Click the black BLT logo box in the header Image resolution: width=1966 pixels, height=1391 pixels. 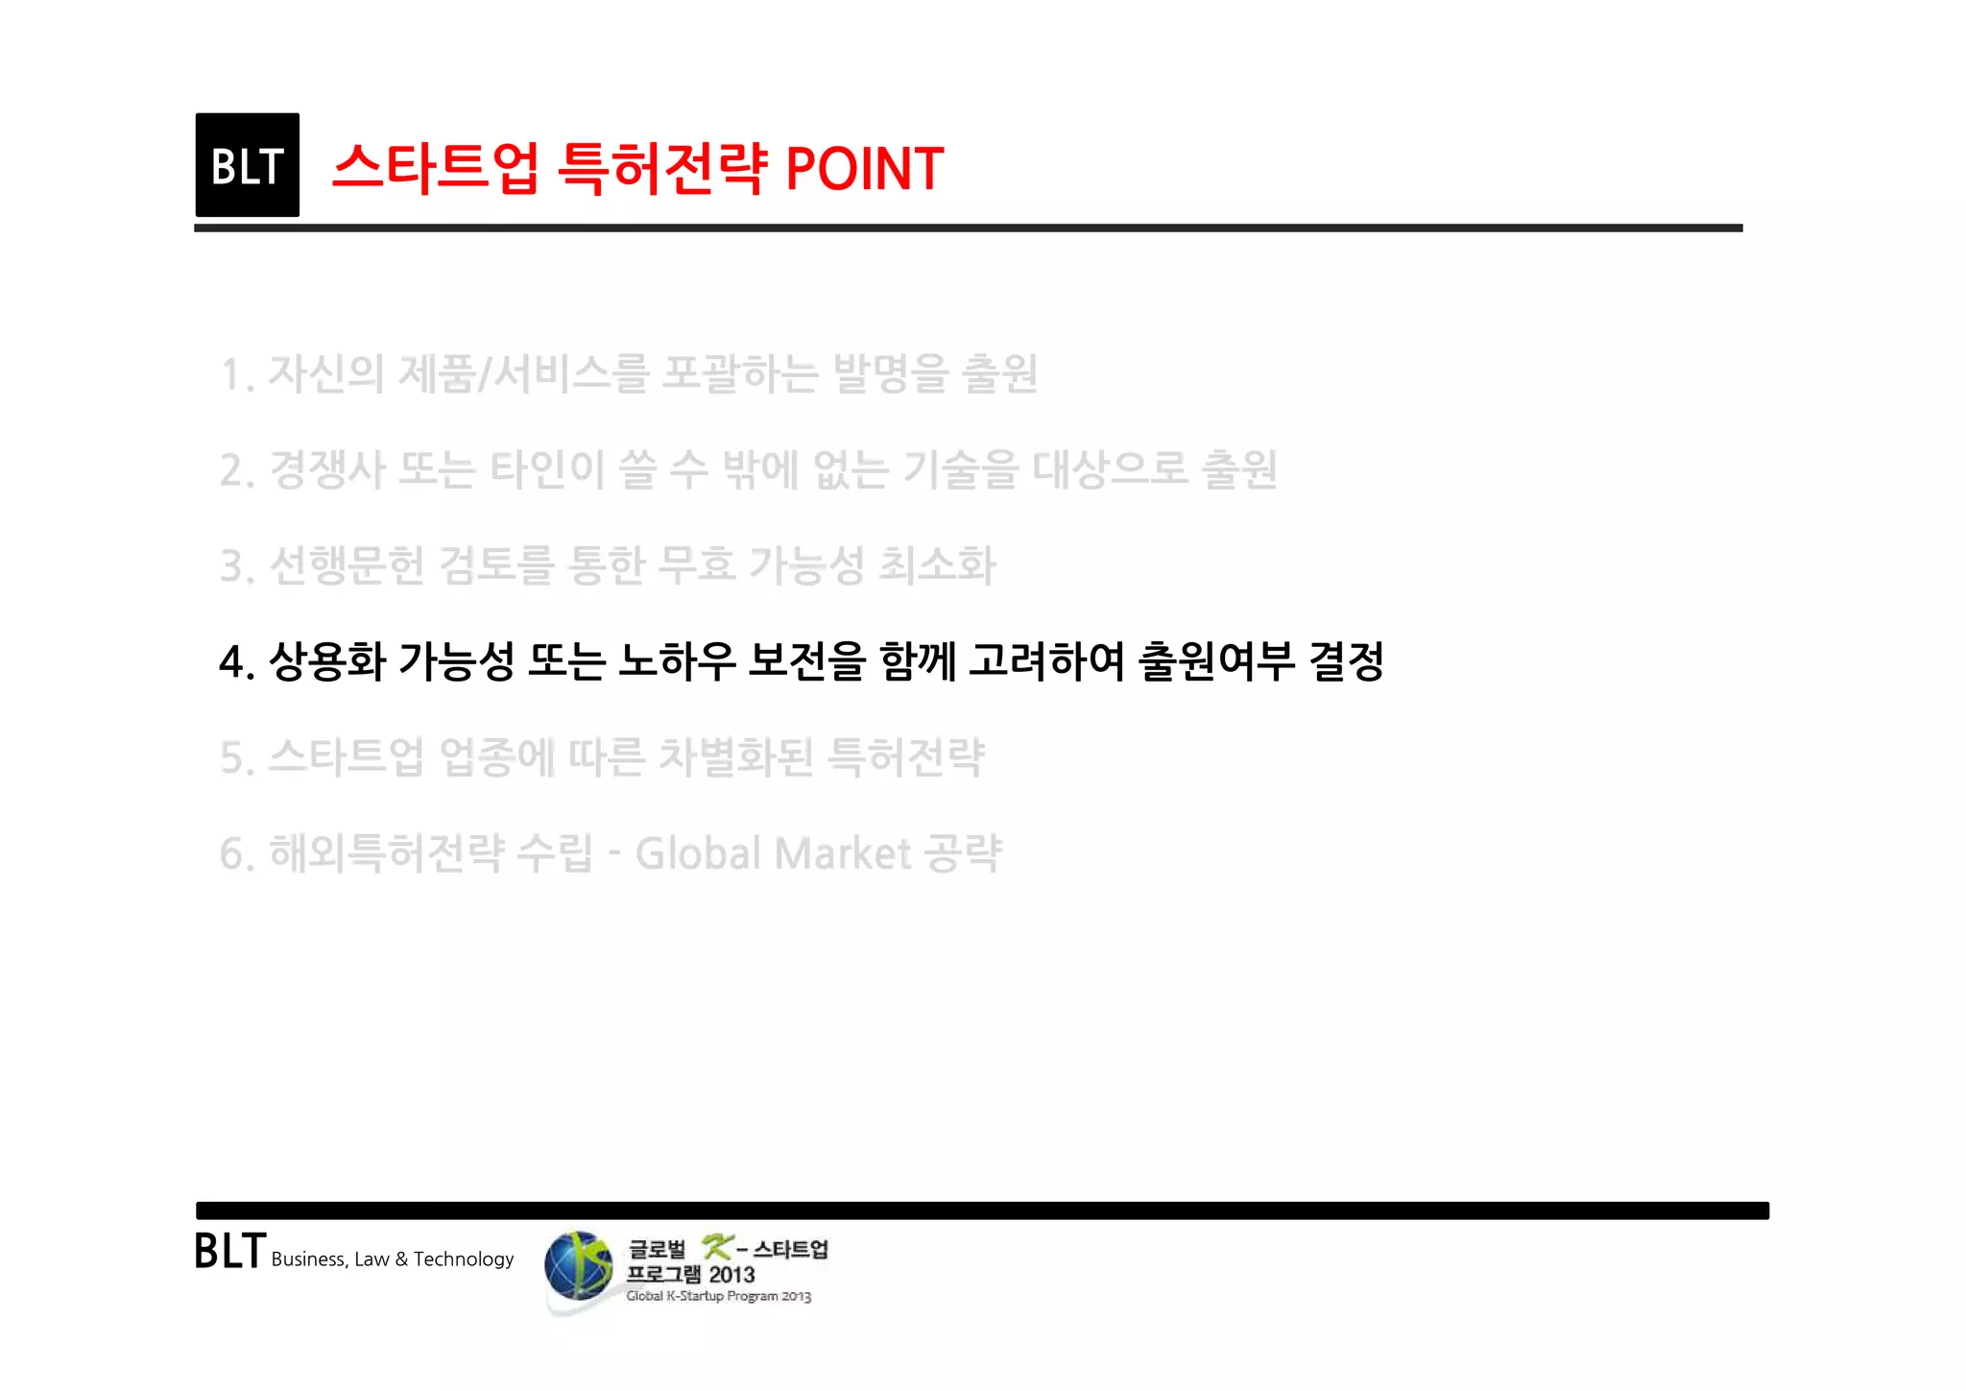pyautogui.click(x=247, y=165)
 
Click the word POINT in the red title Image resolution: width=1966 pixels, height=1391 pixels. pyautogui.click(x=864, y=169)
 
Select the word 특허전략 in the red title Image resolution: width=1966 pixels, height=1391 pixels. pyautogui.click(x=662, y=169)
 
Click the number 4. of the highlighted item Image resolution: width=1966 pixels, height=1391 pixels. pyautogui.click(x=236, y=662)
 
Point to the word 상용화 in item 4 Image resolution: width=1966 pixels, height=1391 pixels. pyautogui.click(x=327, y=661)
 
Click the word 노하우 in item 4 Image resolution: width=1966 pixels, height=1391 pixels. pyautogui.click(x=677, y=661)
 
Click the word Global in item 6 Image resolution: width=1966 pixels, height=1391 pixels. pyautogui.click(x=698, y=853)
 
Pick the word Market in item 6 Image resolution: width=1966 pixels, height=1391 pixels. pyautogui.click(x=843, y=853)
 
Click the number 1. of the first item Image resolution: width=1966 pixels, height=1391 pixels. pyautogui.click(x=236, y=374)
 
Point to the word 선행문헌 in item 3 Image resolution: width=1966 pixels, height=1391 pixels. pyautogui.click(x=347, y=565)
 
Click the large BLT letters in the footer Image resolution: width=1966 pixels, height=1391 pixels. pyautogui.click(x=229, y=1252)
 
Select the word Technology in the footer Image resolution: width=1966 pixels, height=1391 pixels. pyautogui.click(x=464, y=1259)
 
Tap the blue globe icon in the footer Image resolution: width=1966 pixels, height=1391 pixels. pyautogui.click(x=578, y=1266)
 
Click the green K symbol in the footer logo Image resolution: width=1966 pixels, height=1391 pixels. pyautogui.click(x=716, y=1247)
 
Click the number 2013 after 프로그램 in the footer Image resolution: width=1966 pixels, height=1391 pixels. pyautogui.click(x=731, y=1275)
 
